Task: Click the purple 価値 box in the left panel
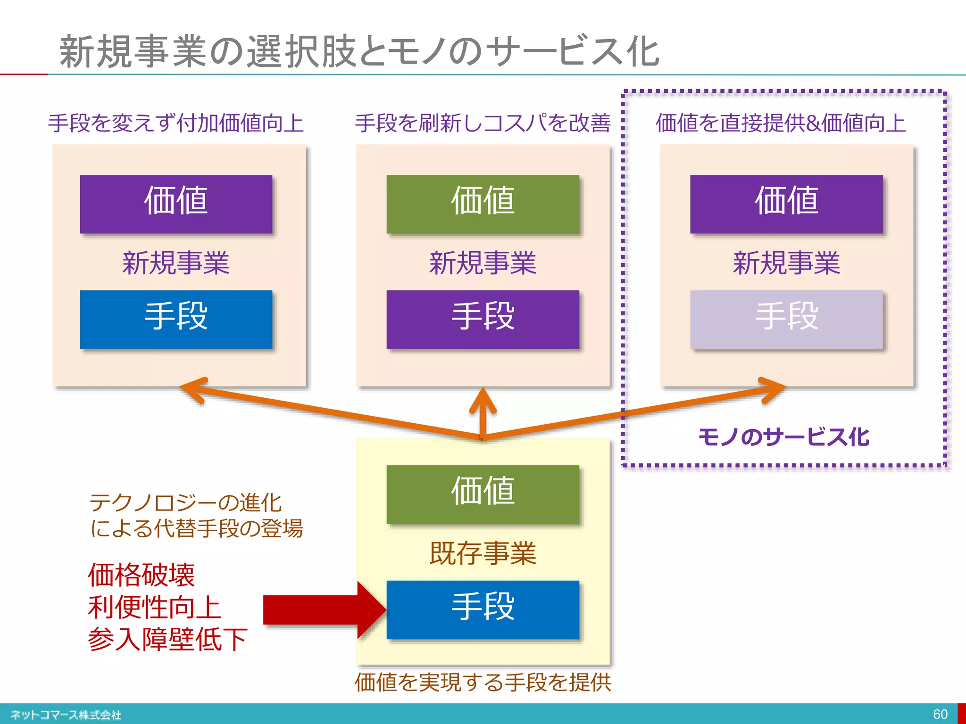tap(176, 204)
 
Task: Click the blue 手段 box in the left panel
tap(176, 319)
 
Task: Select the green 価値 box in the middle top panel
tap(483, 204)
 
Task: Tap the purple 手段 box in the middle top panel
tap(483, 319)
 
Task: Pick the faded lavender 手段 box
tap(786, 319)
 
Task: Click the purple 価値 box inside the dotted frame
tap(786, 204)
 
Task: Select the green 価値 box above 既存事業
tap(483, 494)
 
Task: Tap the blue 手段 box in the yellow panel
tap(483, 609)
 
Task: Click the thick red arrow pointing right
tap(321, 610)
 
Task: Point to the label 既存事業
tap(483, 553)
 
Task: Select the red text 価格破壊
tap(142, 575)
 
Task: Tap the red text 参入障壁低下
tap(167, 639)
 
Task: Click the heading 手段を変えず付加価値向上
tap(176, 123)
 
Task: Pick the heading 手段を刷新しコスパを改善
tap(483, 123)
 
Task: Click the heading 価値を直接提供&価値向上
tap(781, 123)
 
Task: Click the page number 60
tap(940, 714)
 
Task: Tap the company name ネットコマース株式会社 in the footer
tap(66, 715)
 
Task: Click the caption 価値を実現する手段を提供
tap(483, 682)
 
